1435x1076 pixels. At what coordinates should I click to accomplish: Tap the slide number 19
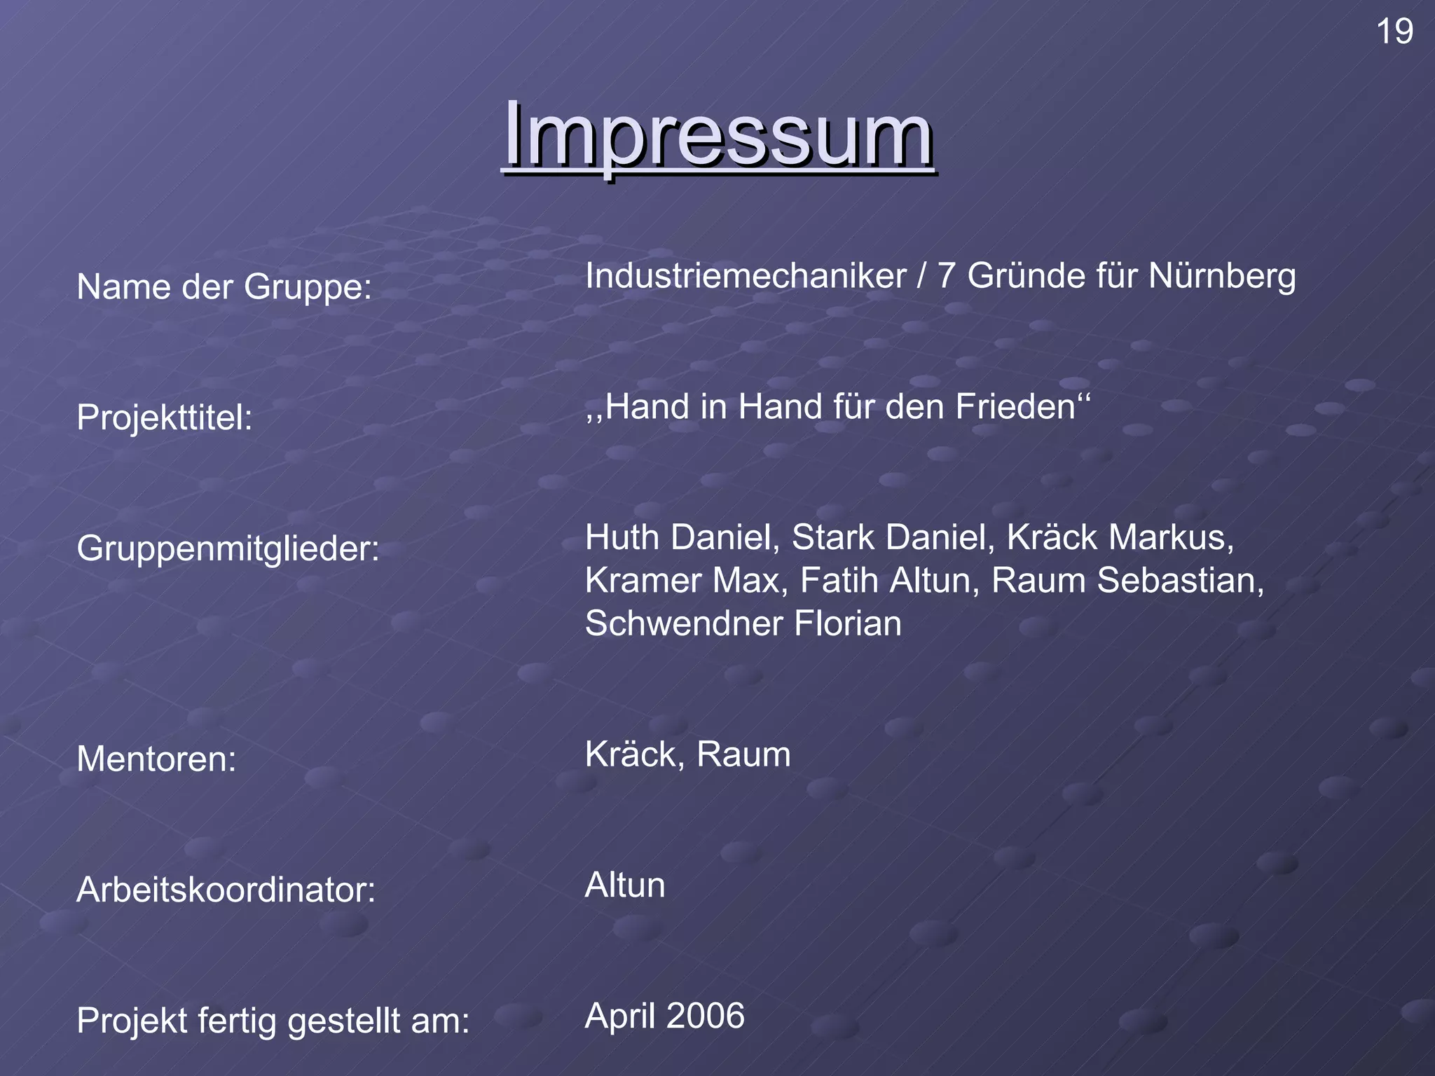(x=1394, y=32)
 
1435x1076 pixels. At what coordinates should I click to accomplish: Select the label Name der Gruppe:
(x=224, y=287)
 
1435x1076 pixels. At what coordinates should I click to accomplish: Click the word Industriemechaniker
(x=746, y=276)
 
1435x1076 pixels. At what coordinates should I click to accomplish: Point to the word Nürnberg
(x=1221, y=276)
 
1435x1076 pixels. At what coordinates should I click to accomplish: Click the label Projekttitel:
(x=164, y=418)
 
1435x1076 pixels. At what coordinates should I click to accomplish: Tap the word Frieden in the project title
(x=1015, y=406)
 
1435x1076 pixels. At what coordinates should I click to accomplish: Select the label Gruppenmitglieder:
(x=228, y=548)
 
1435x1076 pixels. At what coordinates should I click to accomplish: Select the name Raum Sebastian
(x=1126, y=581)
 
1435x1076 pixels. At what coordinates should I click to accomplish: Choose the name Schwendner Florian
(x=743, y=623)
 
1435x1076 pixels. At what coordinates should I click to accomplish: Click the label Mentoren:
(x=156, y=759)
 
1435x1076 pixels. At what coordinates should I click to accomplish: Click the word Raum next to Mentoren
(x=743, y=754)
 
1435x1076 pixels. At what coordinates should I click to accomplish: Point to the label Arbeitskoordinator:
(x=226, y=890)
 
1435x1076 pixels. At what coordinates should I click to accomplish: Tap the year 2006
(x=705, y=1016)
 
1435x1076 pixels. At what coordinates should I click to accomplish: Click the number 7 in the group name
(x=946, y=276)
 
